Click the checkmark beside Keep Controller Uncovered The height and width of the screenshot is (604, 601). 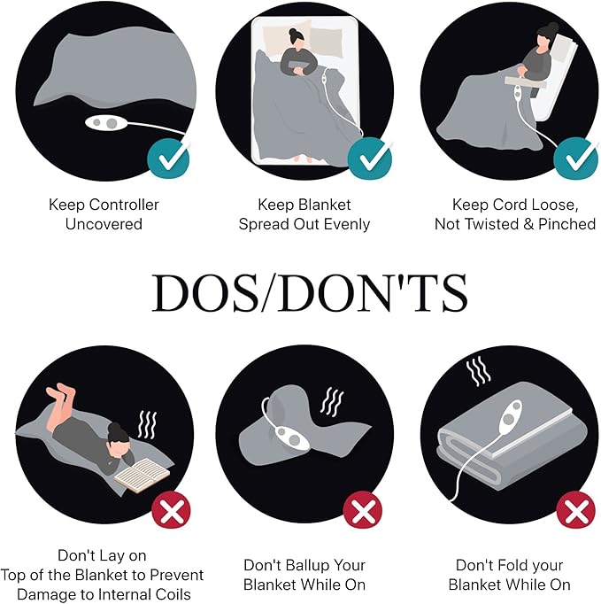click(x=169, y=159)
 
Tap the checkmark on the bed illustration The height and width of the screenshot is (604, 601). click(x=370, y=159)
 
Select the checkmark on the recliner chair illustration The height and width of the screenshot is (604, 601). click(x=576, y=159)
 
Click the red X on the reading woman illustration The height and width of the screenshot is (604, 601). click(x=172, y=511)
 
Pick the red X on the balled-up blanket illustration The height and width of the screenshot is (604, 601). click(x=362, y=511)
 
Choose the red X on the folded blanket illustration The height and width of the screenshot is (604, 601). click(x=576, y=511)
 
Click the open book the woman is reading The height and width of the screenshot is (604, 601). click(x=142, y=475)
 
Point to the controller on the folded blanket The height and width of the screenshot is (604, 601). click(x=510, y=415)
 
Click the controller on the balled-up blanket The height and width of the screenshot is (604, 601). click(x=291, y=438)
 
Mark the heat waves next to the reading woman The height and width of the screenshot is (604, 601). click(x=148, y=425)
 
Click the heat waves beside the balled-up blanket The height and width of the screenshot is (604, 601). click(x=332, y=402)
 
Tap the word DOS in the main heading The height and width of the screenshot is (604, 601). click(x=205, y=293)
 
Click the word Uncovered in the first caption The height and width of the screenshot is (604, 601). click(x=104, y=224)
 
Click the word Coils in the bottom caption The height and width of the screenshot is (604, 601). click(x=173, y=594)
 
